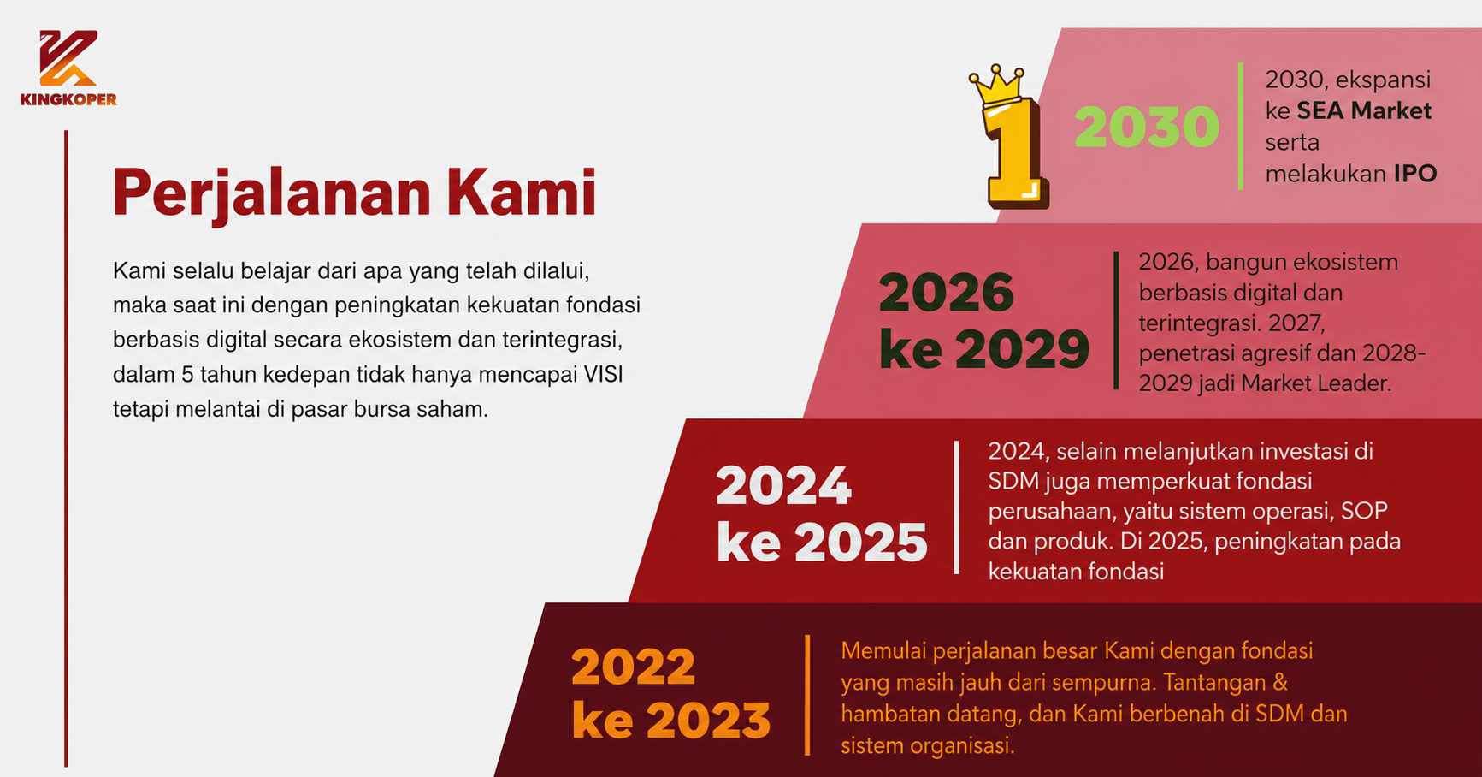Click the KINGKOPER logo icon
[x=68, y=58]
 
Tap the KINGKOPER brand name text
[x=68, y=99]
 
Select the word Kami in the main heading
[x=520, y=191]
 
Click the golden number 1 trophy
[x=1014, y=154]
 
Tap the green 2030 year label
[x=1147, y=127]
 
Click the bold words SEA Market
[x=1364, y=110]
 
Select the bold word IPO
[x=1415, y=174]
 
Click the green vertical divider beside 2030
[x=1241, y=126]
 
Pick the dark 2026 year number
[x=947, y=293]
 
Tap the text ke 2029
[x=984, y=348]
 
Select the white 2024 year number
[x=783, y=486]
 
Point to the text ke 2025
[x=822, y=542]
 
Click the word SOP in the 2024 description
[x=1364, y=511]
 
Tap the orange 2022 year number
[x=634, y=667]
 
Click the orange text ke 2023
[x=671, y=720]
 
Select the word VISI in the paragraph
[x=603, y=375]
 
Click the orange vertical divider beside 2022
[x=807, y=695]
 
